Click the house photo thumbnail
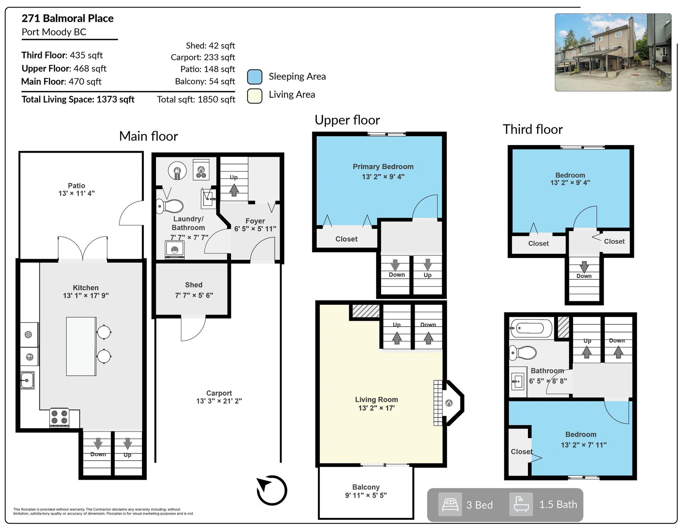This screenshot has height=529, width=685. pos(613,52)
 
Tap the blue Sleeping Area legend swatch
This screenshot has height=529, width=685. pos(255,77)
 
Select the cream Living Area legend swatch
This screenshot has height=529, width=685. pos(255,96)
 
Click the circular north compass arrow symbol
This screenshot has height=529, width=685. pos(272,490)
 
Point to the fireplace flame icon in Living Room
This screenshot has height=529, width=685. pos(449,403)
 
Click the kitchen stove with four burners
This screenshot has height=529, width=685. pos(59,417)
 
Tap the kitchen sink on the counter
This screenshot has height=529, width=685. pos(27,380)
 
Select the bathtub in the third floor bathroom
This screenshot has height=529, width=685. pos(531,328)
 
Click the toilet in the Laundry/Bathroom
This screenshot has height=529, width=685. pos(170,206)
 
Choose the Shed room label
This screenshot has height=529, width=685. pos(194,285)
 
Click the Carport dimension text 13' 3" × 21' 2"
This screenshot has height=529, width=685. pos(219,401)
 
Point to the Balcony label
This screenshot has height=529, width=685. pos(366,487)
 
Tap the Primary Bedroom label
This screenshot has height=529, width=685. pos(383,166)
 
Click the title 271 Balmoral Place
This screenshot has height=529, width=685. pos(67,18)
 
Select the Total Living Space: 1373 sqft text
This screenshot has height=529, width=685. pos(78,99)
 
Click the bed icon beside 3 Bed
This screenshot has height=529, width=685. pos(450,504)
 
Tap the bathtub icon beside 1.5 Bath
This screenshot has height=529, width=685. pos(521,504)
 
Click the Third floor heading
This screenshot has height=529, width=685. pos(533,129)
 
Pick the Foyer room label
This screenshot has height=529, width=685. pos(255,221)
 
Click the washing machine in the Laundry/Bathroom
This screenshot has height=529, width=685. pos(175,250)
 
